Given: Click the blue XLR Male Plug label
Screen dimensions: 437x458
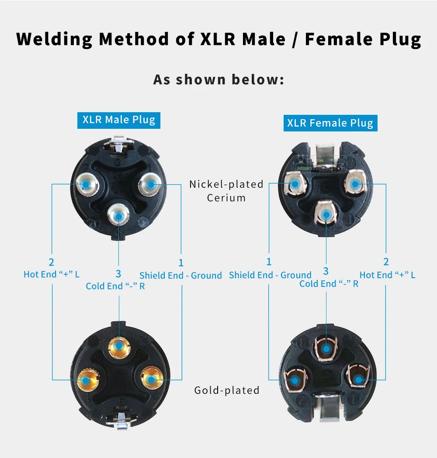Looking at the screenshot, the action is coord(119,120).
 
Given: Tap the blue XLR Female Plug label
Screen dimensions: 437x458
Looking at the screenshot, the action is coord(330,123).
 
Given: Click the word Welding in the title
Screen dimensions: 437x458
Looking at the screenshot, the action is coord(54,39).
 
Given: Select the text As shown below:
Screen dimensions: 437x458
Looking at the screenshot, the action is coord(218,80).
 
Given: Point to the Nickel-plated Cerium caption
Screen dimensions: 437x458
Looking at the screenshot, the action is coord(226,191).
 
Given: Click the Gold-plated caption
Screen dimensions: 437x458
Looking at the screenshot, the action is coord(227,390).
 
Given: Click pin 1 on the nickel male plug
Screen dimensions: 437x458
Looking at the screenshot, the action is coord(150,184).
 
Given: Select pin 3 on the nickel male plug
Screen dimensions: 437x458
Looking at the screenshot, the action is coord(118,216).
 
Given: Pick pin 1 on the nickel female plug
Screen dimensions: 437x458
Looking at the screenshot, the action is coord(295,184).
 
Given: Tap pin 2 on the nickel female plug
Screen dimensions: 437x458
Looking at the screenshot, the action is coord(355,184).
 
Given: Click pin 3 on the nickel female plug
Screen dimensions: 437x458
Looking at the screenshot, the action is coord(326,214).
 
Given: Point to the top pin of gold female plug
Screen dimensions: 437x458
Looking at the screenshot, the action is coord(326,348).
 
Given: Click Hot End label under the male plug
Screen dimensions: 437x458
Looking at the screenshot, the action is coord(52,274).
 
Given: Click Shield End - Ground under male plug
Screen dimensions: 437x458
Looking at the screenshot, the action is coord(180,275).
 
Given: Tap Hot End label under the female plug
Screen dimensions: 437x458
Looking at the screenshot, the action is coord(387,275).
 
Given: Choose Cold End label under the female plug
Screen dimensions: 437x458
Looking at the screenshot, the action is coord(329,284).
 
